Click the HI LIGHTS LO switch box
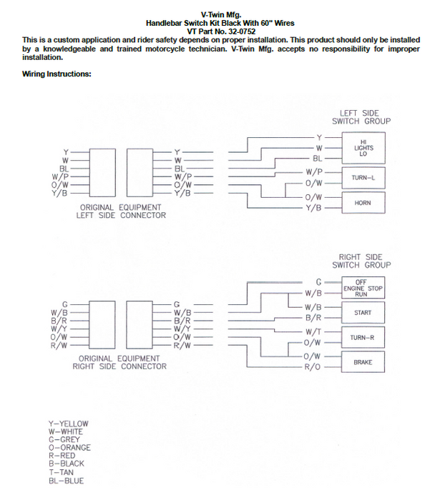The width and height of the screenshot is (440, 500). tap(363, 148)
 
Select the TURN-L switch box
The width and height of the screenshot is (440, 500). tap(363, 177)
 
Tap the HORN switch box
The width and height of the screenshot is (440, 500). tap(363, 203)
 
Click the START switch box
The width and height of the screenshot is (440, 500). tap(363, 313)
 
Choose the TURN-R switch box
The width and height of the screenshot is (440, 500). tap(363, 337)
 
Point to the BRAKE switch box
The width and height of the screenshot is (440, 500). tap(363, 362)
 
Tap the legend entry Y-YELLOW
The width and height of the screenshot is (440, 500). tap(69, 424)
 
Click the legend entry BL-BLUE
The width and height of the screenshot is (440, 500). tap(66, 481)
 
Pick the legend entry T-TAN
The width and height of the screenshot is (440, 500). tap(62, 472)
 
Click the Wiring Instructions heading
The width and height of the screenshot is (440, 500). tap(57, 74)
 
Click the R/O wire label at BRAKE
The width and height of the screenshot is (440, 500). tap(313, 367)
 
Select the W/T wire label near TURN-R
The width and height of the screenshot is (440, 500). tap(313, 332)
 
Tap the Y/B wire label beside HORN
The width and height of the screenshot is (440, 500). tap(313, 208)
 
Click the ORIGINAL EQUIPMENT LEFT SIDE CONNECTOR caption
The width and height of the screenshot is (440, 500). tap(119, 211)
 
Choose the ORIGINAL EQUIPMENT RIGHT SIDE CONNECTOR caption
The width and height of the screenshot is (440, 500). tap(119, 362)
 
